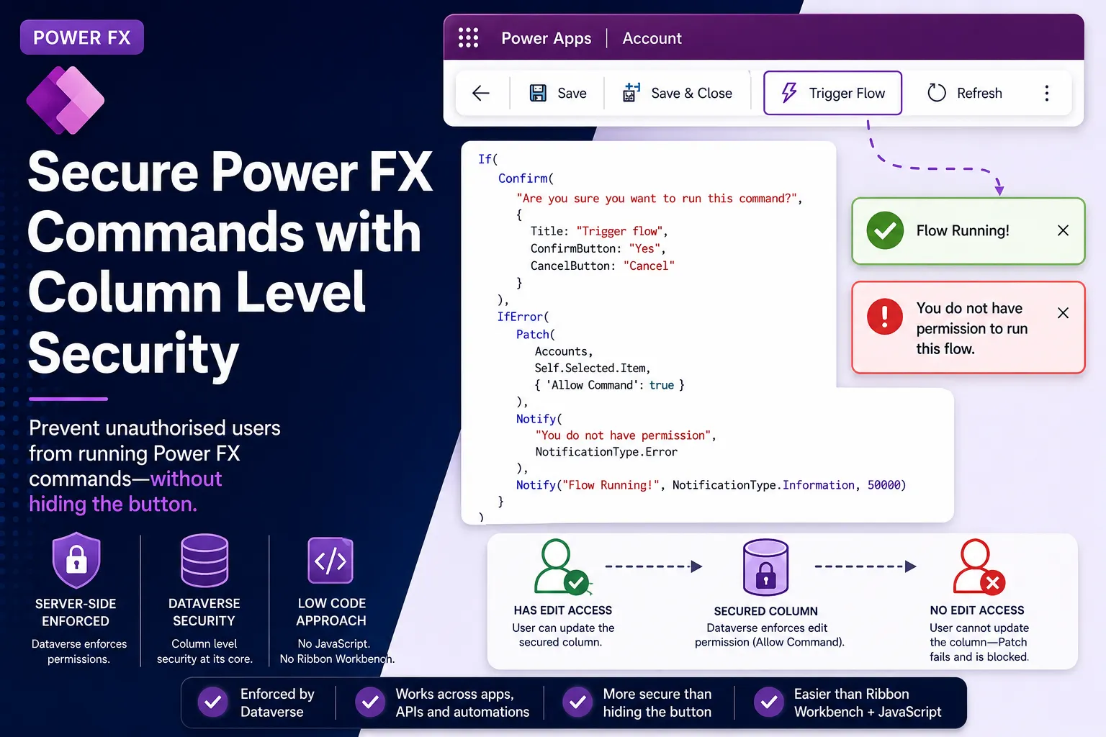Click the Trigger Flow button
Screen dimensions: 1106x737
click(x=832, y=93)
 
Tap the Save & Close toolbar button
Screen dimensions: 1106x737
click(x=677, y=93)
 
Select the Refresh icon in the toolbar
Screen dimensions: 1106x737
click(x=936, y=93)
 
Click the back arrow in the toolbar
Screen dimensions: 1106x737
click(x=480, y=93)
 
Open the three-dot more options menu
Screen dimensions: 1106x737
click(x=1047, y=93)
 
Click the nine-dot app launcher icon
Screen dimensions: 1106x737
click(x=468, y=37)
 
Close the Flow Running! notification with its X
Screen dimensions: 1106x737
click(x=1063, y=230)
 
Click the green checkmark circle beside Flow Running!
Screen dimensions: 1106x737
click(x=885, y=230)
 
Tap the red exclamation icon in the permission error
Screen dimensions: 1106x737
click(x=885, y=317)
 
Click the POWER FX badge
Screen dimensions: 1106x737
click(x=82, y=37)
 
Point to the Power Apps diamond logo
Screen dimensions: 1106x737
click(x=66, y=100)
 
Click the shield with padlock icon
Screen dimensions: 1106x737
click(x=76, y=560)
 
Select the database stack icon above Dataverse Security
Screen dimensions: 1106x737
click(x=204, y=560)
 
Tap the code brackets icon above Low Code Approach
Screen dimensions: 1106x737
click(x=331, y=560)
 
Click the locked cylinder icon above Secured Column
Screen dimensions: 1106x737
click(x=765, y=566)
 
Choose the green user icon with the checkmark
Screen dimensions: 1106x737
click(x=562, y=566)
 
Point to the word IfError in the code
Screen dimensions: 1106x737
click(x=519, y=317)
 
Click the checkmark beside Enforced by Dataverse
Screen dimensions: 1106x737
click(x=213, y=702)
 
